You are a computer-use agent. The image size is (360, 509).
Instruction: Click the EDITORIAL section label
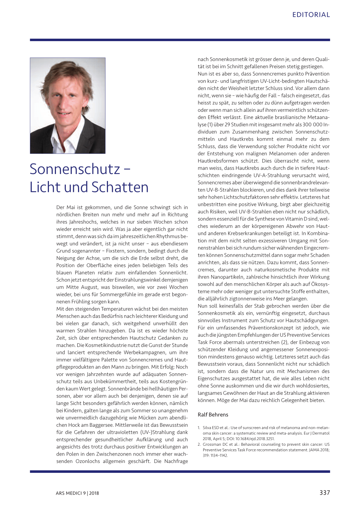[311, 15]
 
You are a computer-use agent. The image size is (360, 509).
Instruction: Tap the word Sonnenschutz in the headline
[75, 169]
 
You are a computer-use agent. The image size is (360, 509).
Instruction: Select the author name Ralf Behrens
[213, 414]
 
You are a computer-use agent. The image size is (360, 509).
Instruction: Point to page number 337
[324, 492]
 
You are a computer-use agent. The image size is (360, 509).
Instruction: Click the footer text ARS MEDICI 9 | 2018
[77, 493]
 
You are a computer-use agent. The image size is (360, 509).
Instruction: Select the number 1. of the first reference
[199, 428]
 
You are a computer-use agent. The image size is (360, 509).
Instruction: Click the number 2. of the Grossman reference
[199, 444]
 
